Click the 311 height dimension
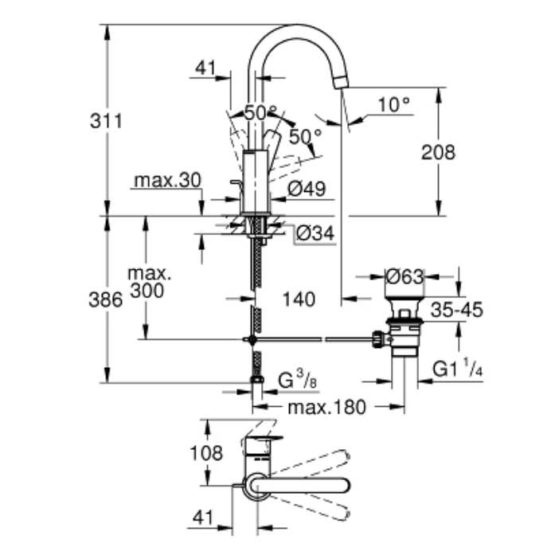(106, 121)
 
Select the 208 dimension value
(438, 152)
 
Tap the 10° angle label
(394, 105)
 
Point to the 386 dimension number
(106, 299)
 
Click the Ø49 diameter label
(307, 189)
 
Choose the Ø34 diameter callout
(315, 233)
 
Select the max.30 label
(167, 181)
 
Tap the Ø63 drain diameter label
(405, 276)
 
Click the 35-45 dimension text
(457, 310)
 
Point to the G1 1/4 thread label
(458, 368)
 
